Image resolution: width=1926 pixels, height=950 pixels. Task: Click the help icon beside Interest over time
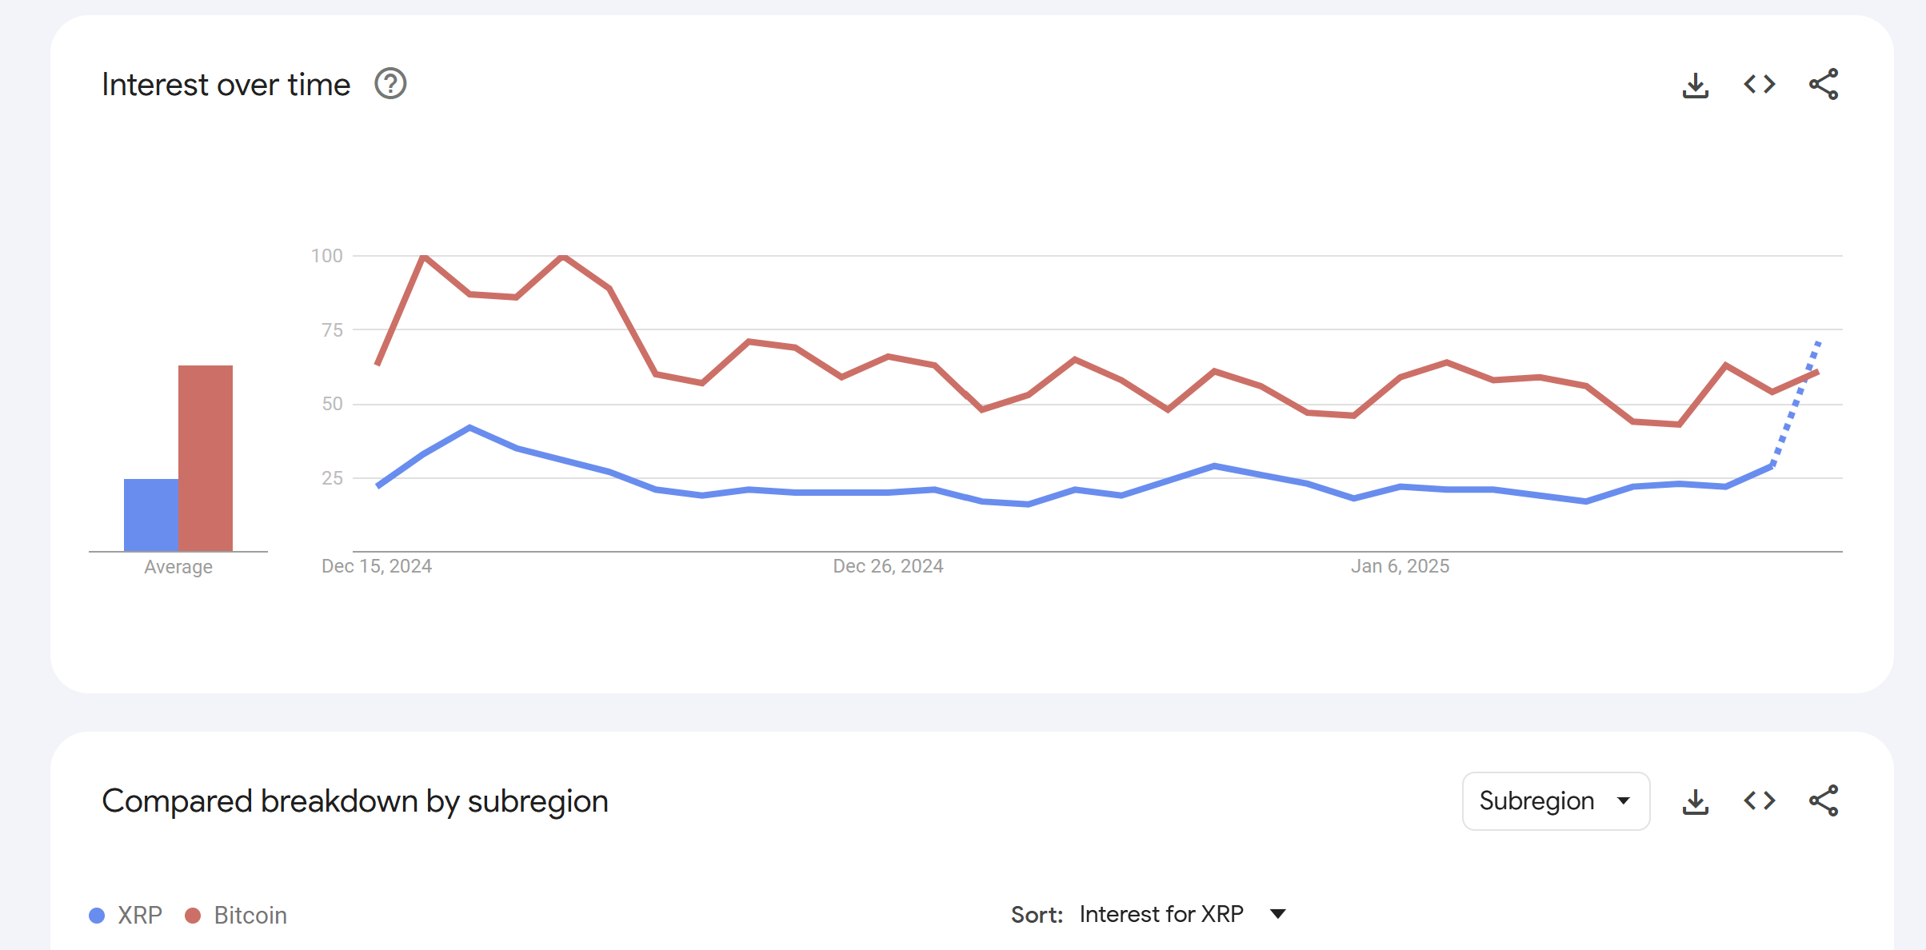pyautogui.click(x=390, y=84)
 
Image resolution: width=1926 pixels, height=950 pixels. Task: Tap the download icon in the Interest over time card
pyautogui.click(x=1695, y=85)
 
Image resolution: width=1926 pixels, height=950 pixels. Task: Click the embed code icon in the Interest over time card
pyautogui.click(x=1759, y=84)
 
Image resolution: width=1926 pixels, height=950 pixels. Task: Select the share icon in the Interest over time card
pyautogui.click(x=1824, y=84)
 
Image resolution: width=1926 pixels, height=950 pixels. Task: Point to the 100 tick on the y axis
pyautogui.click(x=326, y=256)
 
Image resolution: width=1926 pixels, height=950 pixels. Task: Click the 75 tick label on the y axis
pyautogui.click(x=332, y=330)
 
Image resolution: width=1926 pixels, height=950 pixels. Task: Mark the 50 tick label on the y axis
pyautogui.click(x=332, y=404)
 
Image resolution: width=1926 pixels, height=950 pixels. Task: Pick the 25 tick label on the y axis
pyautogui.click(x=332, y=478)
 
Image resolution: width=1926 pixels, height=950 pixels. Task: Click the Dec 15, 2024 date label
pyautogui.click(x=376, y=566)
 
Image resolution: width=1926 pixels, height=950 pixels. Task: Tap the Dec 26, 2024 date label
pyautogui.click(x=888, y=566)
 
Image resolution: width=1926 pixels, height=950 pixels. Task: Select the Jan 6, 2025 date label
pyautogui.click(x=1400, y=566)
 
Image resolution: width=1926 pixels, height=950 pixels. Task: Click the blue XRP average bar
pyautogui.click(x=151, y=515)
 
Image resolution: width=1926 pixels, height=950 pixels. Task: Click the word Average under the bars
pyautogui.click(x=178, y=567)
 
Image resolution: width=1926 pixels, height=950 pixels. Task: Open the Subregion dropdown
pyautogui.click(x=1555, y=800)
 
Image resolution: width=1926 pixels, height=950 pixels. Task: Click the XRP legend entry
pyautogui.click(x=127, y=915)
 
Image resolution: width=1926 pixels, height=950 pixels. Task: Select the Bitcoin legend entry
pyautogui.click(x=237, y=915)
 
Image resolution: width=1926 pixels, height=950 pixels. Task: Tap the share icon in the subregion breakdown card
pyautogui.click(x=1824, y=800)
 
